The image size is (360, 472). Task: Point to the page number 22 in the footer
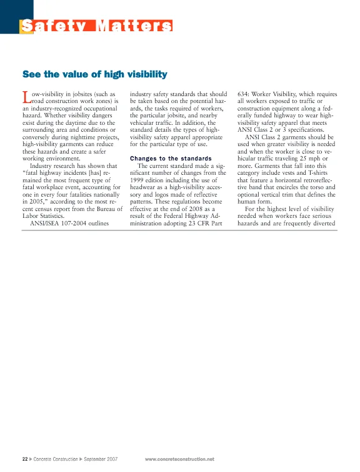tap(24, 459)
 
